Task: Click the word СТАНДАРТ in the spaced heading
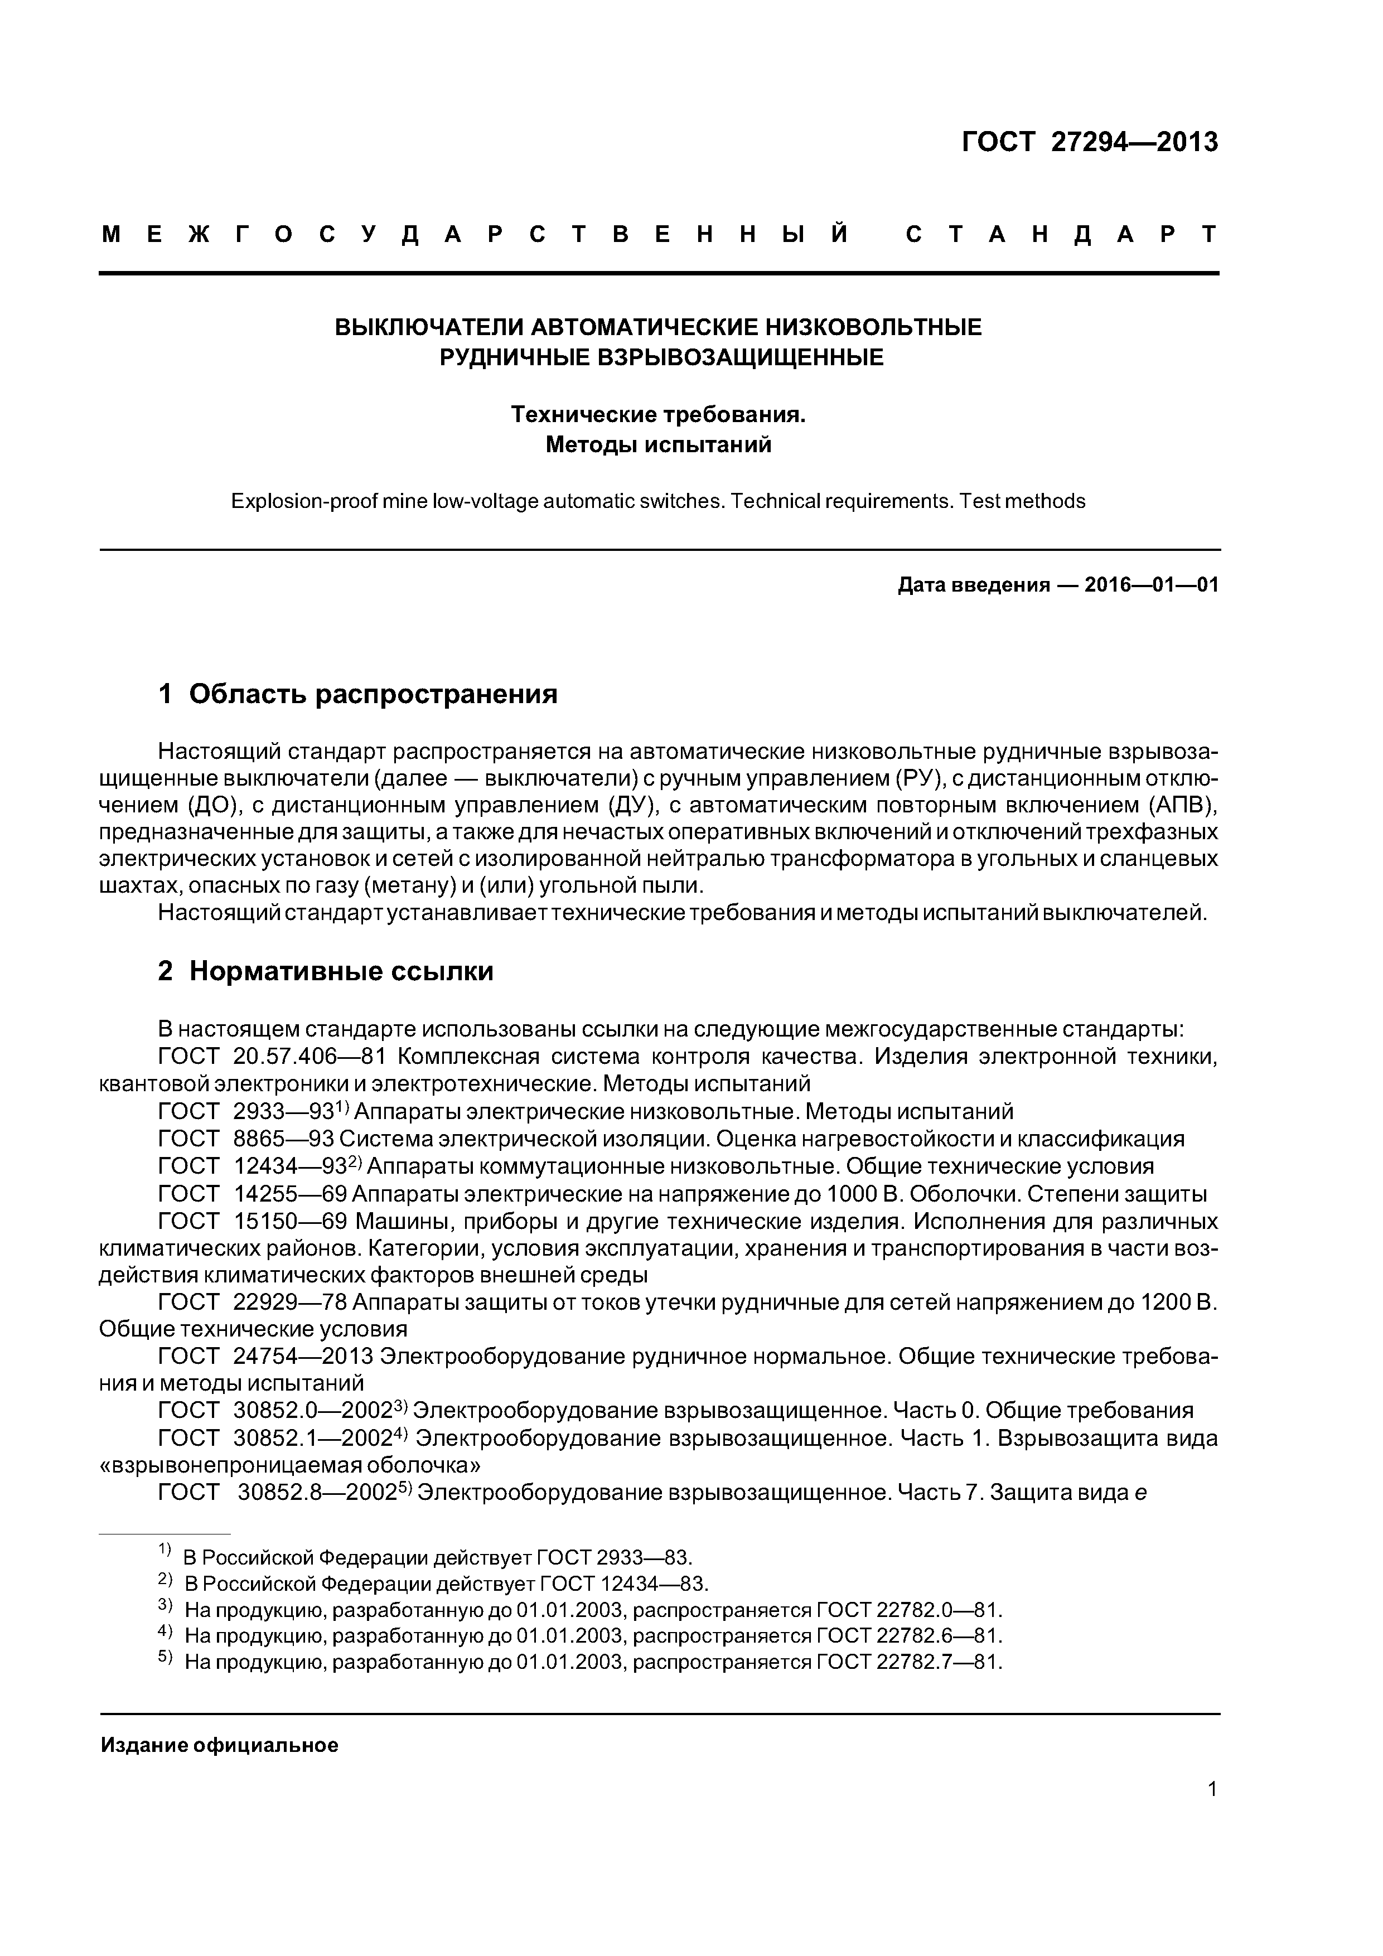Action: [1061, 234]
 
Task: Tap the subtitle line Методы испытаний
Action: [658, 445]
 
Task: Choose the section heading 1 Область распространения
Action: [358, 694]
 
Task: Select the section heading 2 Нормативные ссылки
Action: [326, 971]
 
